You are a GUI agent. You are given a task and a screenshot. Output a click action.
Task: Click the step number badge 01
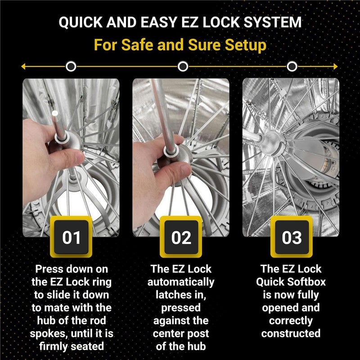coord(71,237)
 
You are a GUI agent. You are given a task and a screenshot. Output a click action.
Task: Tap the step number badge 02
coord(181,237)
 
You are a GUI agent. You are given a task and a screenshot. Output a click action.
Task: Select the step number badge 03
coord(291,237)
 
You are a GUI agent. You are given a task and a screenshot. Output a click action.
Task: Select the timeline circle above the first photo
coord(71,67)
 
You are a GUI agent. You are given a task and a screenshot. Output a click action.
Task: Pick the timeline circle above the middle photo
coord(182,67)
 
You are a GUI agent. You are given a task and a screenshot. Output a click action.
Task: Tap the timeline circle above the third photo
coord(292,67)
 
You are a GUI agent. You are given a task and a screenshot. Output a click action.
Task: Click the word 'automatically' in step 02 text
coord(181,282)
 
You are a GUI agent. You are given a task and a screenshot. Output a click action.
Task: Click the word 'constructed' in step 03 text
coord(291,333)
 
